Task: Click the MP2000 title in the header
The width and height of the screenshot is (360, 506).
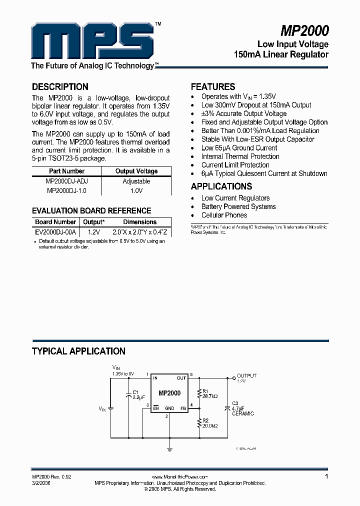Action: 304,31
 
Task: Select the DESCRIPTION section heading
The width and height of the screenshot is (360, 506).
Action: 60,86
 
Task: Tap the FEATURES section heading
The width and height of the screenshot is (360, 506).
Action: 213,86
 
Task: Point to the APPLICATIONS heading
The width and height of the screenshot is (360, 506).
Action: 221,186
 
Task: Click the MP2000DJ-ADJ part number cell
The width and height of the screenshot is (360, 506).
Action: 66,181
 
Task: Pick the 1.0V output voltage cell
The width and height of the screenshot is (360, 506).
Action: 136,190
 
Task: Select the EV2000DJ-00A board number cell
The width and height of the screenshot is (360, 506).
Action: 55,232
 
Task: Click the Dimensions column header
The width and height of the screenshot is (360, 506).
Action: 139,222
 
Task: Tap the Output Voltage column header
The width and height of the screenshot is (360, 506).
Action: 136,171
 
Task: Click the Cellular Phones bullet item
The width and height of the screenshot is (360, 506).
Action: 224,215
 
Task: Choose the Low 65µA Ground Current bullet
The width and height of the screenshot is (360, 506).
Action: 239,148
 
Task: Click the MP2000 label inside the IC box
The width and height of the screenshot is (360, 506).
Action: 169,393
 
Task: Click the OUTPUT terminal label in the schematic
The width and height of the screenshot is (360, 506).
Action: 246,375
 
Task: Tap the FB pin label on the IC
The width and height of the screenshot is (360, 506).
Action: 183,408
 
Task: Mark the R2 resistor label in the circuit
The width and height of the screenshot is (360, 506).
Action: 205,420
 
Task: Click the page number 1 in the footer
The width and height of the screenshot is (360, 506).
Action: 326,477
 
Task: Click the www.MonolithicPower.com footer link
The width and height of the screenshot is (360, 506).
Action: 179,477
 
